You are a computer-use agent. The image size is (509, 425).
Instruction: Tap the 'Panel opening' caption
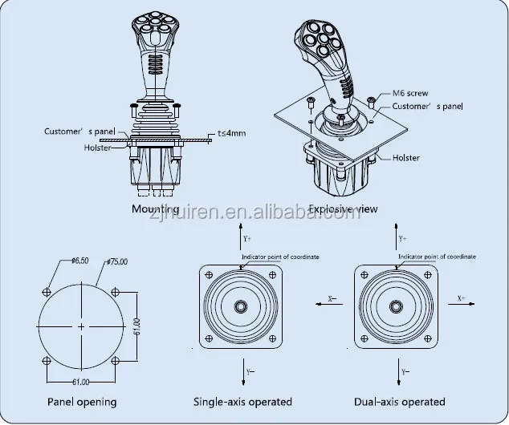click(81, 401)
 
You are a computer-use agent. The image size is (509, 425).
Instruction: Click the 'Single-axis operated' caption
click(242, 401)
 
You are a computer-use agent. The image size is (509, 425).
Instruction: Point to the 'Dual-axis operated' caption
click(400, 401)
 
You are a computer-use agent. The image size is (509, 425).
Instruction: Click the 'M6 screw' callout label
click(410, 94)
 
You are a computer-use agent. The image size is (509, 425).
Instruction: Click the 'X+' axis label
click(462, 297)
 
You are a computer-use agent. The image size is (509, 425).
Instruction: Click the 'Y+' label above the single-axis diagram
click(246, 239)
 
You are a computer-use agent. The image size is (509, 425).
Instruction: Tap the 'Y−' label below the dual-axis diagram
click(404, 373)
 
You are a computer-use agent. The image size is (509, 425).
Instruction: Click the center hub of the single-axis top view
click(241, 306)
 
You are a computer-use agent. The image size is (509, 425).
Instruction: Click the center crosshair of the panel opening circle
click(81, 327)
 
